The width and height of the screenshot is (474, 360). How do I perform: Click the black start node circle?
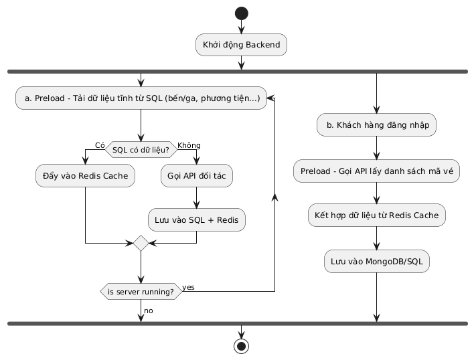[x=241, y=13]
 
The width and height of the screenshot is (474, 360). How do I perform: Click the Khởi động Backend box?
[x=241, y=45]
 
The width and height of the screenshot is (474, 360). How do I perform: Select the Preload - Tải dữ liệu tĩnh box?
[x=141, y=98]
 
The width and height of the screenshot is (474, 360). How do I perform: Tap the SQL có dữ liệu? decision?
[x=141, y=149]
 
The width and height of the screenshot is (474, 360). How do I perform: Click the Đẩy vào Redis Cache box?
[x=86, y=175]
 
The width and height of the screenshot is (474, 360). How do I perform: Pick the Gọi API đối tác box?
[x=196, y=175]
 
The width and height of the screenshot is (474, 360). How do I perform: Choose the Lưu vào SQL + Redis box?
[x=196, y=219]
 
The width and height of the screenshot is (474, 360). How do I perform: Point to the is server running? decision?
[x=141, y=292]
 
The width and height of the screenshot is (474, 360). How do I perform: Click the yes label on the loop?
[x=189, y=287]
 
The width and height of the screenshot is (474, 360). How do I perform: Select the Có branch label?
[x=100, y=145]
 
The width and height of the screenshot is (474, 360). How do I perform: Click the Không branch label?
[x=188, y=145]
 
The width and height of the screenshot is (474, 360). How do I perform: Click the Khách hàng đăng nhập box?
[x=376, y=125]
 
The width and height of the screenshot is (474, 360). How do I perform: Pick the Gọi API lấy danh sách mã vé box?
[x=376, y=171]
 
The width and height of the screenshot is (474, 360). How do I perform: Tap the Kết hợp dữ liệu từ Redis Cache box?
[x=376, y=215]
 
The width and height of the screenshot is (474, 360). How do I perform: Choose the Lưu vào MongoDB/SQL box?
[x=376, y=261]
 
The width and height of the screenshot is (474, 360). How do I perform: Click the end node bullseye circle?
[x=241, y=346]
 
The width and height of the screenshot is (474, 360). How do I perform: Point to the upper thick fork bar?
[x=237, y=70]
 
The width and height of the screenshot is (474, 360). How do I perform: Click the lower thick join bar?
[x=237, y=323]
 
